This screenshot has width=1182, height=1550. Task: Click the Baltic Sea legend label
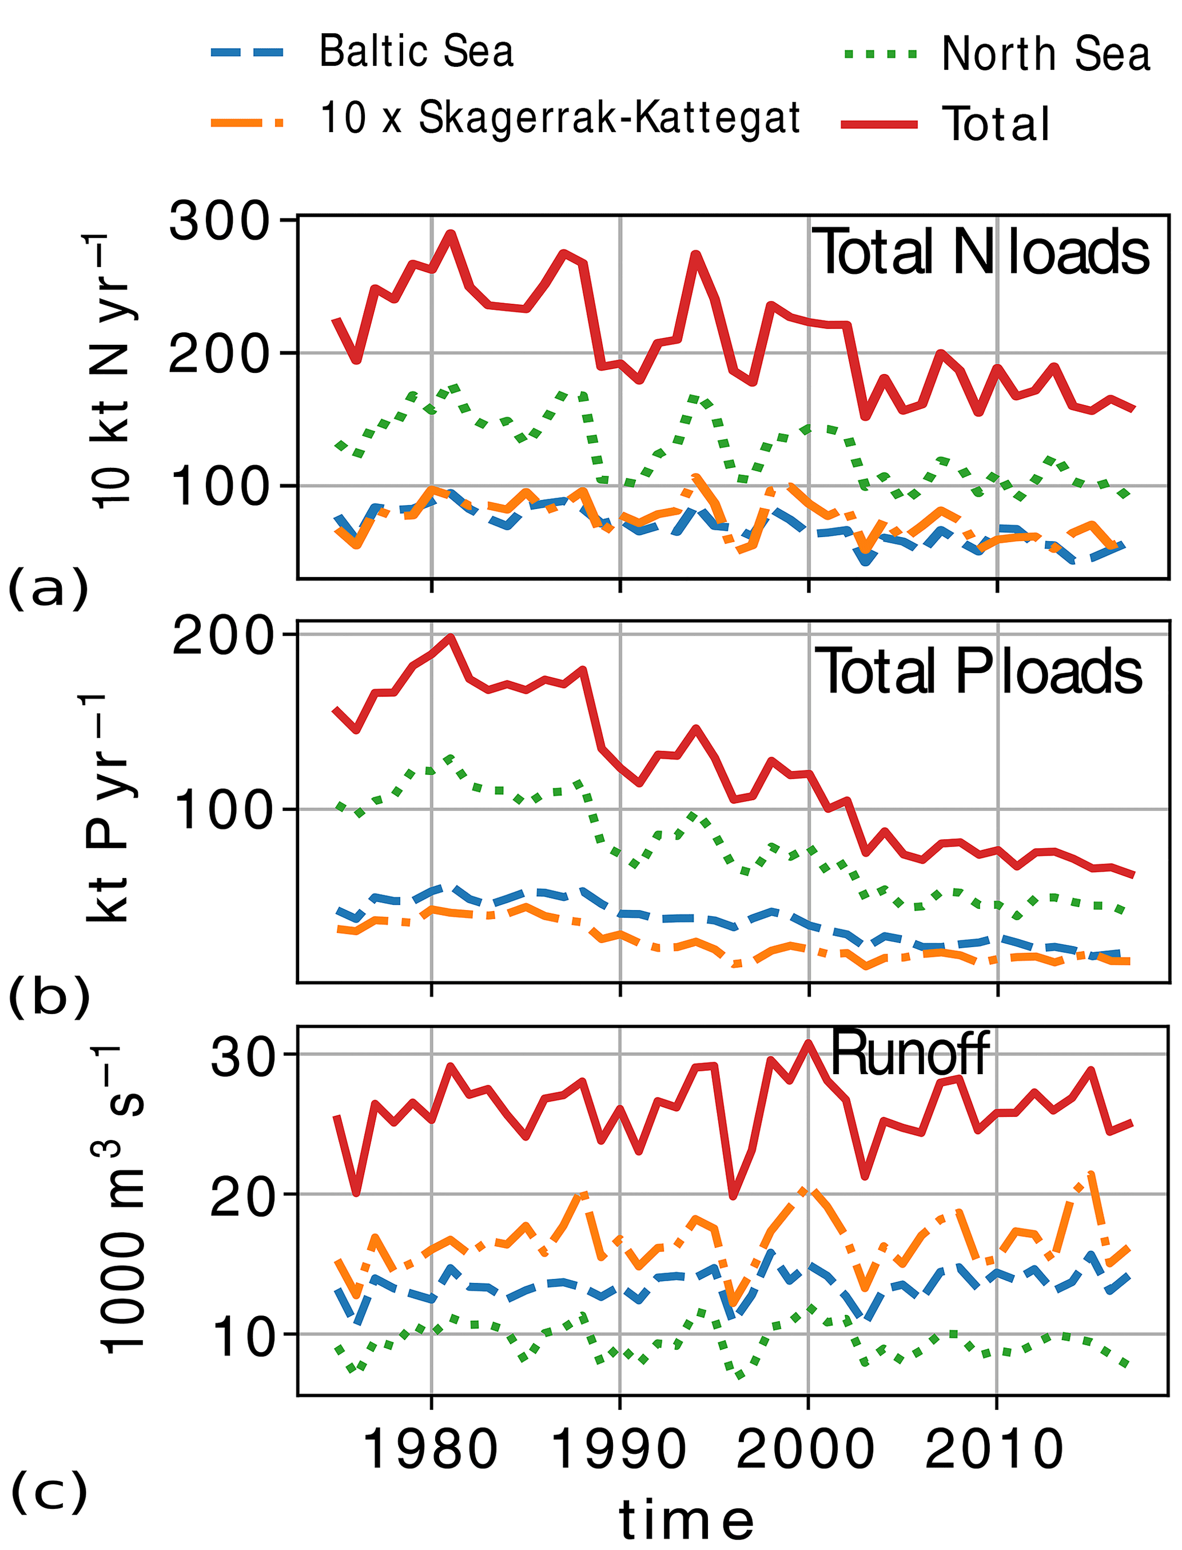[x=416, y=51]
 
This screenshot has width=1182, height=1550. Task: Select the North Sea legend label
[x=1045, y=54]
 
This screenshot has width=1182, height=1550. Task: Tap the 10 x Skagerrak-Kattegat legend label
[x=560, y=117]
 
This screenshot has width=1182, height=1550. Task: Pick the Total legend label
[x=995, y=125]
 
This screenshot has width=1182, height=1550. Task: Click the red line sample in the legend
[x=879, y=125]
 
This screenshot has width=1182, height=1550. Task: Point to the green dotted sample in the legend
[x=879, y=54]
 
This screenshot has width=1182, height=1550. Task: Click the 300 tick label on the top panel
[x=220, y=221]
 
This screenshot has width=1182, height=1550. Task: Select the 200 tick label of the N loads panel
[x=220, y=353]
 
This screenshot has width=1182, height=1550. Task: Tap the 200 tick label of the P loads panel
[x=222, y=636]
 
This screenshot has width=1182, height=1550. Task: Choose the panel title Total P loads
[x=978, y=672]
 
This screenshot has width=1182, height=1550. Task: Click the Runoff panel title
[x=910, y=1054]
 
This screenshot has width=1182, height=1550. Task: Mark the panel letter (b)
[x=49, y=997]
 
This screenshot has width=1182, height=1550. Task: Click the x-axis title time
[x=686, y=1520]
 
